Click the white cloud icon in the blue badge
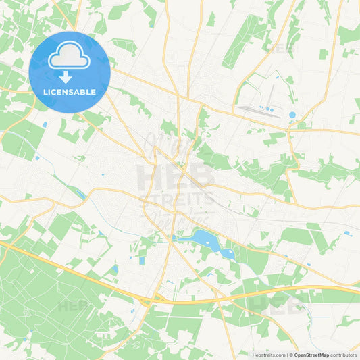tap(70, 58)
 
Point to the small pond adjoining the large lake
tap(227, 254)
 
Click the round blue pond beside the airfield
tap(292, 115)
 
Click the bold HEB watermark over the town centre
tap(175, 177)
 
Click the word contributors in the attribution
tap(344, 355)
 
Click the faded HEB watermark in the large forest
tap(75, 305)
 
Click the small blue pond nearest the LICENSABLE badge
tap(45, 124)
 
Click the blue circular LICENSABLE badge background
tap(95, 47)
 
